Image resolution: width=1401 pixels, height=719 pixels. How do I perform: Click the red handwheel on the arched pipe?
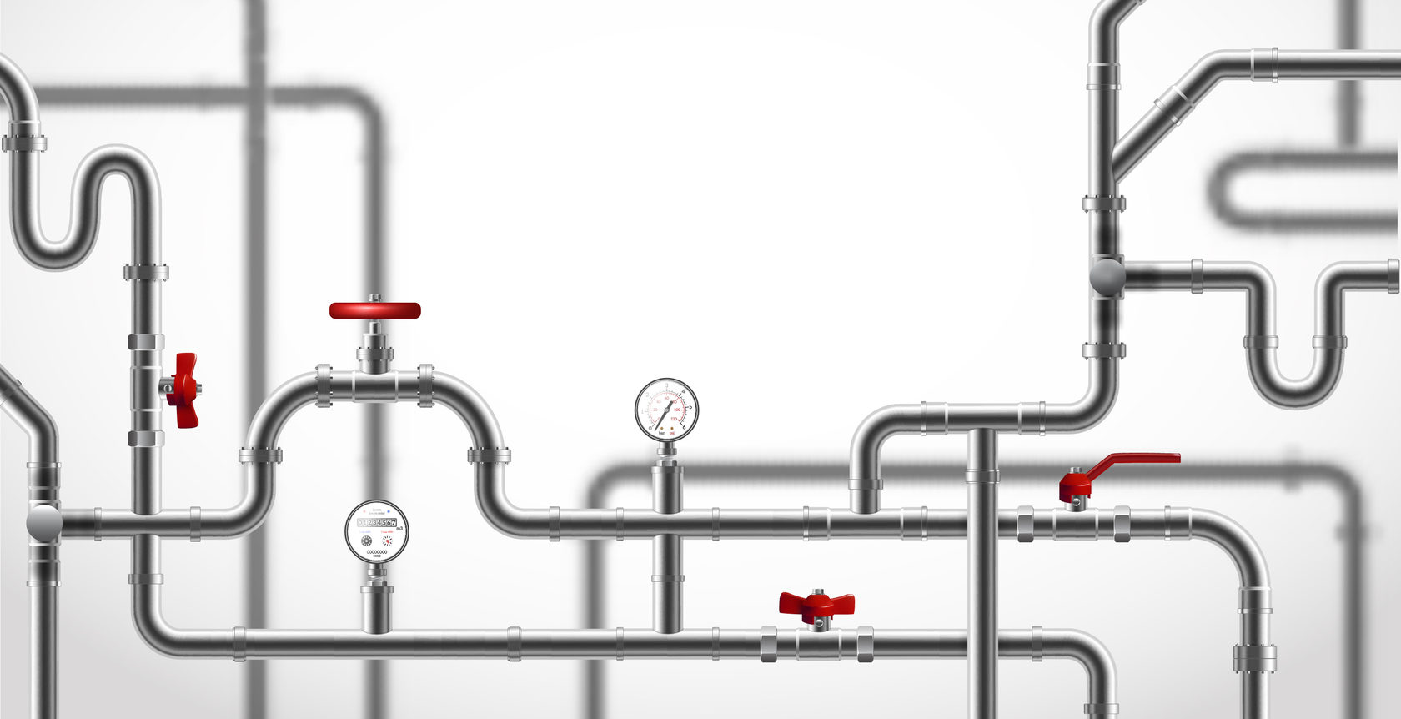pyautogui.click(x=374, y=310)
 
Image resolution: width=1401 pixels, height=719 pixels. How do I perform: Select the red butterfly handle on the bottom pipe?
pyautogui.click(x=816, y=603)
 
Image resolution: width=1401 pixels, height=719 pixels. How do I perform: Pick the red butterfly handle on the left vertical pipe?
pyautogui.click(x=184, y=390)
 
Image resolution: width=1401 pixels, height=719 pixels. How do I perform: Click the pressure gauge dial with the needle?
pyautogui.click(x=666, y=410)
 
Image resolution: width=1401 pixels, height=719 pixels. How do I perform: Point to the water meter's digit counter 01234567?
pyautogui.click(x=377, y=522)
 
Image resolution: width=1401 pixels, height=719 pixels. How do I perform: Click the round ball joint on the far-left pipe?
pyautogui.click(x=43, y=522)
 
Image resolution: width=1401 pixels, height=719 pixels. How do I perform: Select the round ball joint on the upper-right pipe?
pyautogui.click(x=1107, y=276)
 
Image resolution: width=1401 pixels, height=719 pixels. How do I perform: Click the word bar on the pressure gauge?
pyautogui.click(x=661, y=433)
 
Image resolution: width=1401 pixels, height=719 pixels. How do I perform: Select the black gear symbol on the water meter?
pyautogui.click(x=366, y=541)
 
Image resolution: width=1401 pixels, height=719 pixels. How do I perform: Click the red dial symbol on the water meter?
pyautogui.click(x=387, y=541)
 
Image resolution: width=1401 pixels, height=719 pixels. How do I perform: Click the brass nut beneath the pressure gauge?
pyautogui.click(x=666, y=451)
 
